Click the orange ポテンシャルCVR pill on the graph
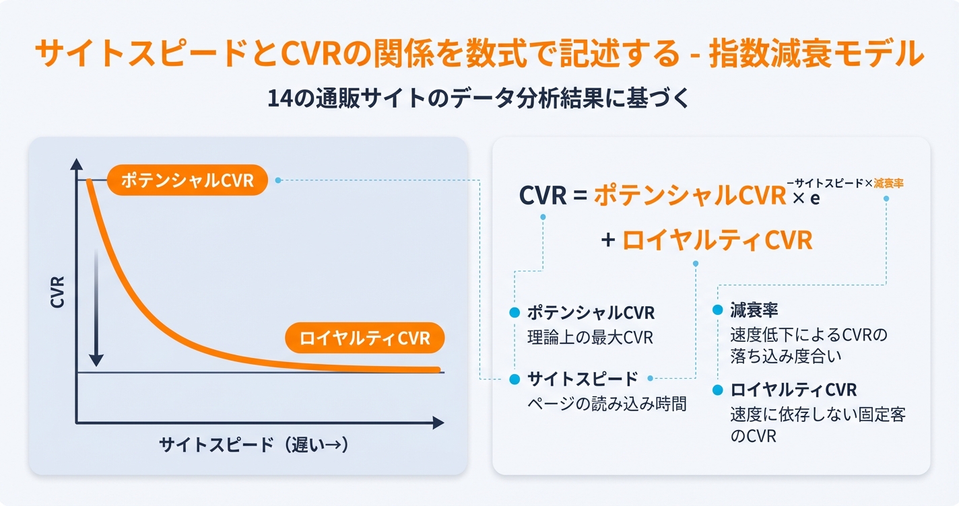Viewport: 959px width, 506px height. pyautogui.click(x=187, y=180)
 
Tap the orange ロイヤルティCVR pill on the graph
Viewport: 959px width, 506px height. pyautogui.click(x=364, y=338)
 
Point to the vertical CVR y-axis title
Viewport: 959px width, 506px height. pyautogui.click(x=58, y=291)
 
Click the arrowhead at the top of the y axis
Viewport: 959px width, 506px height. pyautogui.click(x=76, y=164)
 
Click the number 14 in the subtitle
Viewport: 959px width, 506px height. pyautogui.click(x=277, y=98)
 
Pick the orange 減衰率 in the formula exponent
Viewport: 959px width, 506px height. pyautogui.click(x=888, y=183)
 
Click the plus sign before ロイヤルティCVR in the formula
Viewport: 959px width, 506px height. pyautogui.click(x=608, y=240)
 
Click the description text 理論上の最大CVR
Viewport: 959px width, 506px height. pyautogui.click(x=590, y=337)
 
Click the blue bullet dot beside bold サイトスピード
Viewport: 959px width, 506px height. pyautogui.click(x=515, y=379)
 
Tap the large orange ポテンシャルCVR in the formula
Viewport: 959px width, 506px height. pyautogui.click(x=690, y=195)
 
